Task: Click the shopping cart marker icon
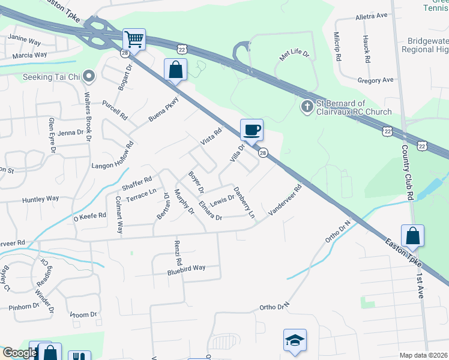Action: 134,40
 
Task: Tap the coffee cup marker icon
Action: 252,129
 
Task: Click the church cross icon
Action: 306,107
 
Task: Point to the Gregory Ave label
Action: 375,80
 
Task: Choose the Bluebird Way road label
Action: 187,268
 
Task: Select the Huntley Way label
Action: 41,199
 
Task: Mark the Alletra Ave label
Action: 372,17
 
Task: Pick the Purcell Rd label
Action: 115,110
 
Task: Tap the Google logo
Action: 20,353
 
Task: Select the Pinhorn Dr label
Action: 24,307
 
